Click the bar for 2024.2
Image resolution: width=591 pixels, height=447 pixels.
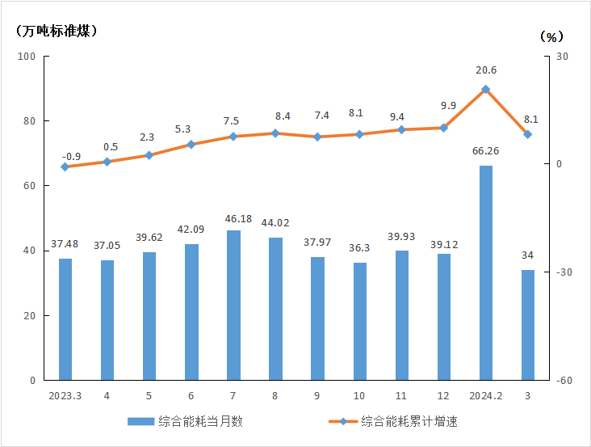point(485,272)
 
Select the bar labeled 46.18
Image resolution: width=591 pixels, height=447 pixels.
point(233,305)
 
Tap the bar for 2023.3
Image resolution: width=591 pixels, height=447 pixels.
point(65,319)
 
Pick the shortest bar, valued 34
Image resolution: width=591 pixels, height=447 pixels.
point(527,325)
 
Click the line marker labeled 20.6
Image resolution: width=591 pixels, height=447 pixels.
point(485,90)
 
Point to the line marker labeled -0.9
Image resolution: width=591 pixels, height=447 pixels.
point(65,167)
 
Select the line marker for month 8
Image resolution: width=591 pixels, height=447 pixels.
point(275,133)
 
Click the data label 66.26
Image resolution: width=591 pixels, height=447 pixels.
point(485,150)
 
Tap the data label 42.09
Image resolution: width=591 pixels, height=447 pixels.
point(191,229)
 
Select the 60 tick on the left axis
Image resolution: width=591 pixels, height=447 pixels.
point(30,186)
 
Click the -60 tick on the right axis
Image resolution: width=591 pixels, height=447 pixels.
point(563,380)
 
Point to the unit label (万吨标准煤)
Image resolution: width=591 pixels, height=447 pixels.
point(56,32)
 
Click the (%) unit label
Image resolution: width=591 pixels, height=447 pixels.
point(551,36)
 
